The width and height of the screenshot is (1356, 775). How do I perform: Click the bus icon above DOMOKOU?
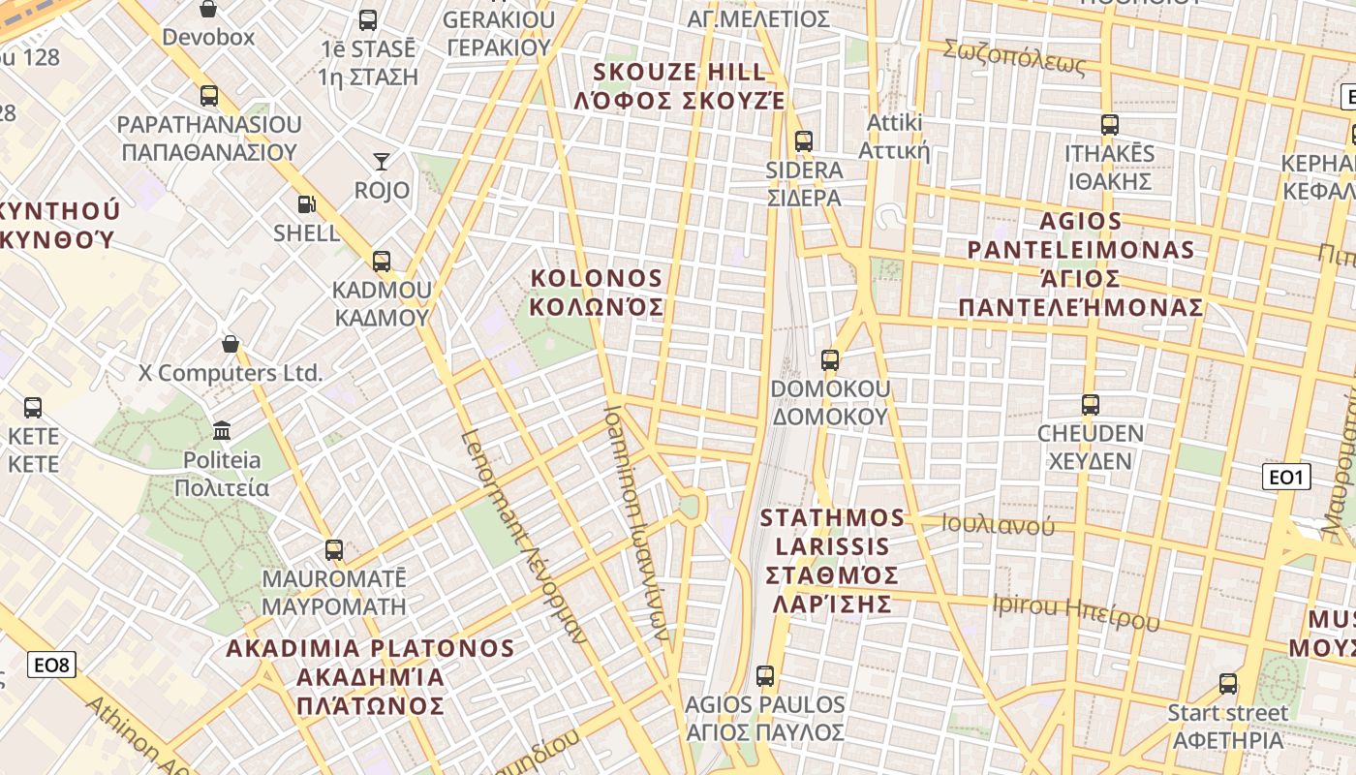click(830, 360)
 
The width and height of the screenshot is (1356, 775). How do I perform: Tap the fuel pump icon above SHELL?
click(306, 204)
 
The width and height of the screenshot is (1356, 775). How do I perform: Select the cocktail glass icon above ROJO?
click(382, 162)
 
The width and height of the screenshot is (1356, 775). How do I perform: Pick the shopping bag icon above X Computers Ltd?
click(231, 344)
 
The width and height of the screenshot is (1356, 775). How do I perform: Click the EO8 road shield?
click(51, 665)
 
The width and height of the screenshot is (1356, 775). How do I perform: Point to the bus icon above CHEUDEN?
click(1091, 405)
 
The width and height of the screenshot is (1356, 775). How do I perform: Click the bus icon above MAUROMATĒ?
click(334, 550)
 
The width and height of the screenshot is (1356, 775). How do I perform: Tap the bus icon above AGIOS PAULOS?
click(765, 676)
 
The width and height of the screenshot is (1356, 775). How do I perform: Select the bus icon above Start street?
click(1228, 684)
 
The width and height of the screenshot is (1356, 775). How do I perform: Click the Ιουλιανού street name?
click(999, 526)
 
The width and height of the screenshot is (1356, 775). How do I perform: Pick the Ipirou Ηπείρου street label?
click(1075, 611)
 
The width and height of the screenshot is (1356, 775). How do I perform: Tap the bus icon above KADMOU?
click(382, 262)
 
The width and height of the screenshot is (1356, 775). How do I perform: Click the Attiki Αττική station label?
click(894, 138)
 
